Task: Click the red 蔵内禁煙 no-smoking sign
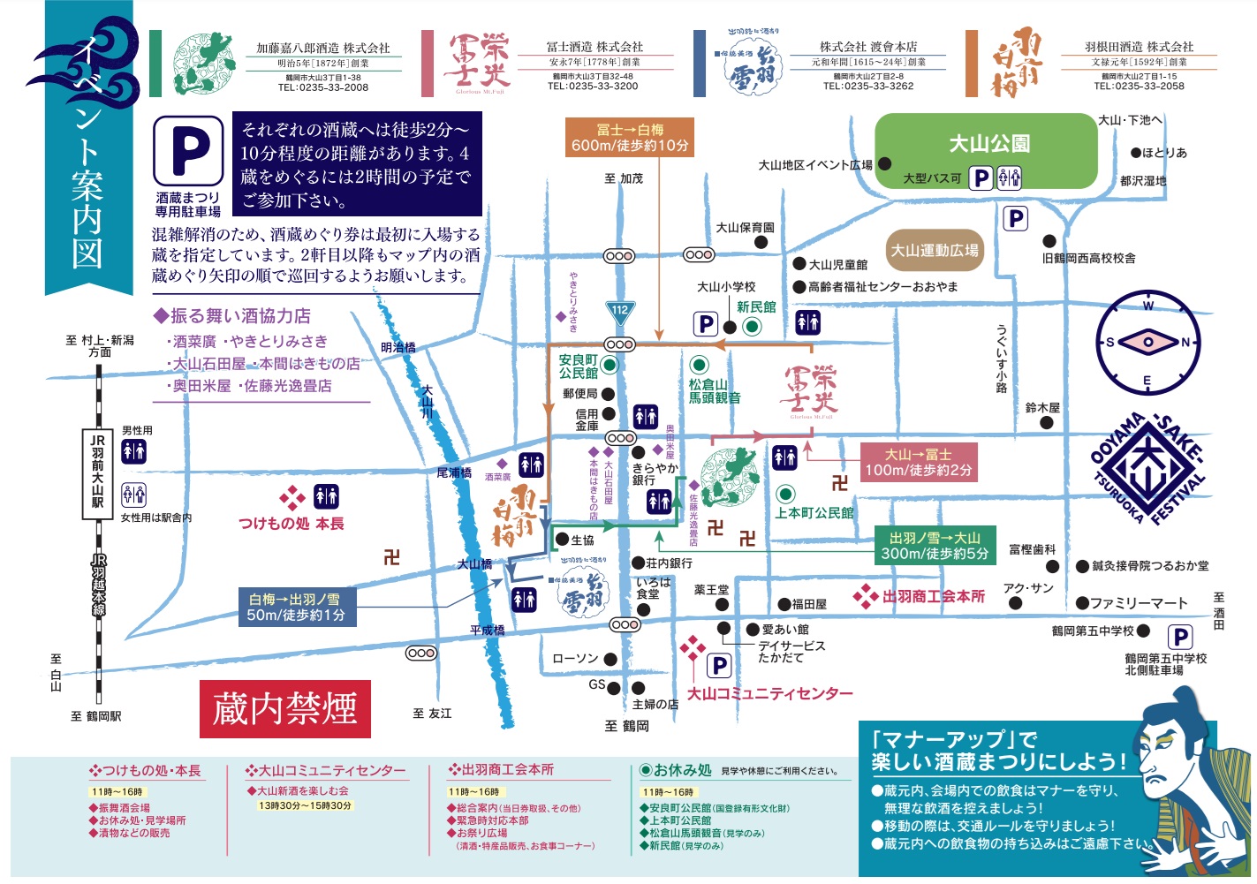click(x=284, y=708)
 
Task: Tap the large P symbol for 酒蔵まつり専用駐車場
click(x=188, y=149)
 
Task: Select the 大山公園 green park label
click(x=989, y=143)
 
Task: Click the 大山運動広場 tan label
click(x=935, y=251)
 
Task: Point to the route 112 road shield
click(x=620, y=311)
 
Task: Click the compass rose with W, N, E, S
click(x=1148, y=343)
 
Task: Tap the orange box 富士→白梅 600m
click(x=629, y=138)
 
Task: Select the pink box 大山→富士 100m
click(x=918, y=462)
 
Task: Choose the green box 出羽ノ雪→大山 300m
click(x=934, y=546)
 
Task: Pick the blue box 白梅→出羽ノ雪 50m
click(x=296, y=607)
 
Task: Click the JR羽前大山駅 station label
click(x=97, y=471)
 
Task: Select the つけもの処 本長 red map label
click(x=292, y=524)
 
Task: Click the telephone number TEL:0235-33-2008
click(x=322, y=87)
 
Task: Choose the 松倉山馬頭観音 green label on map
click(x=715, y=391)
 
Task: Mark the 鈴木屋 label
click(x=1042, y=408)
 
